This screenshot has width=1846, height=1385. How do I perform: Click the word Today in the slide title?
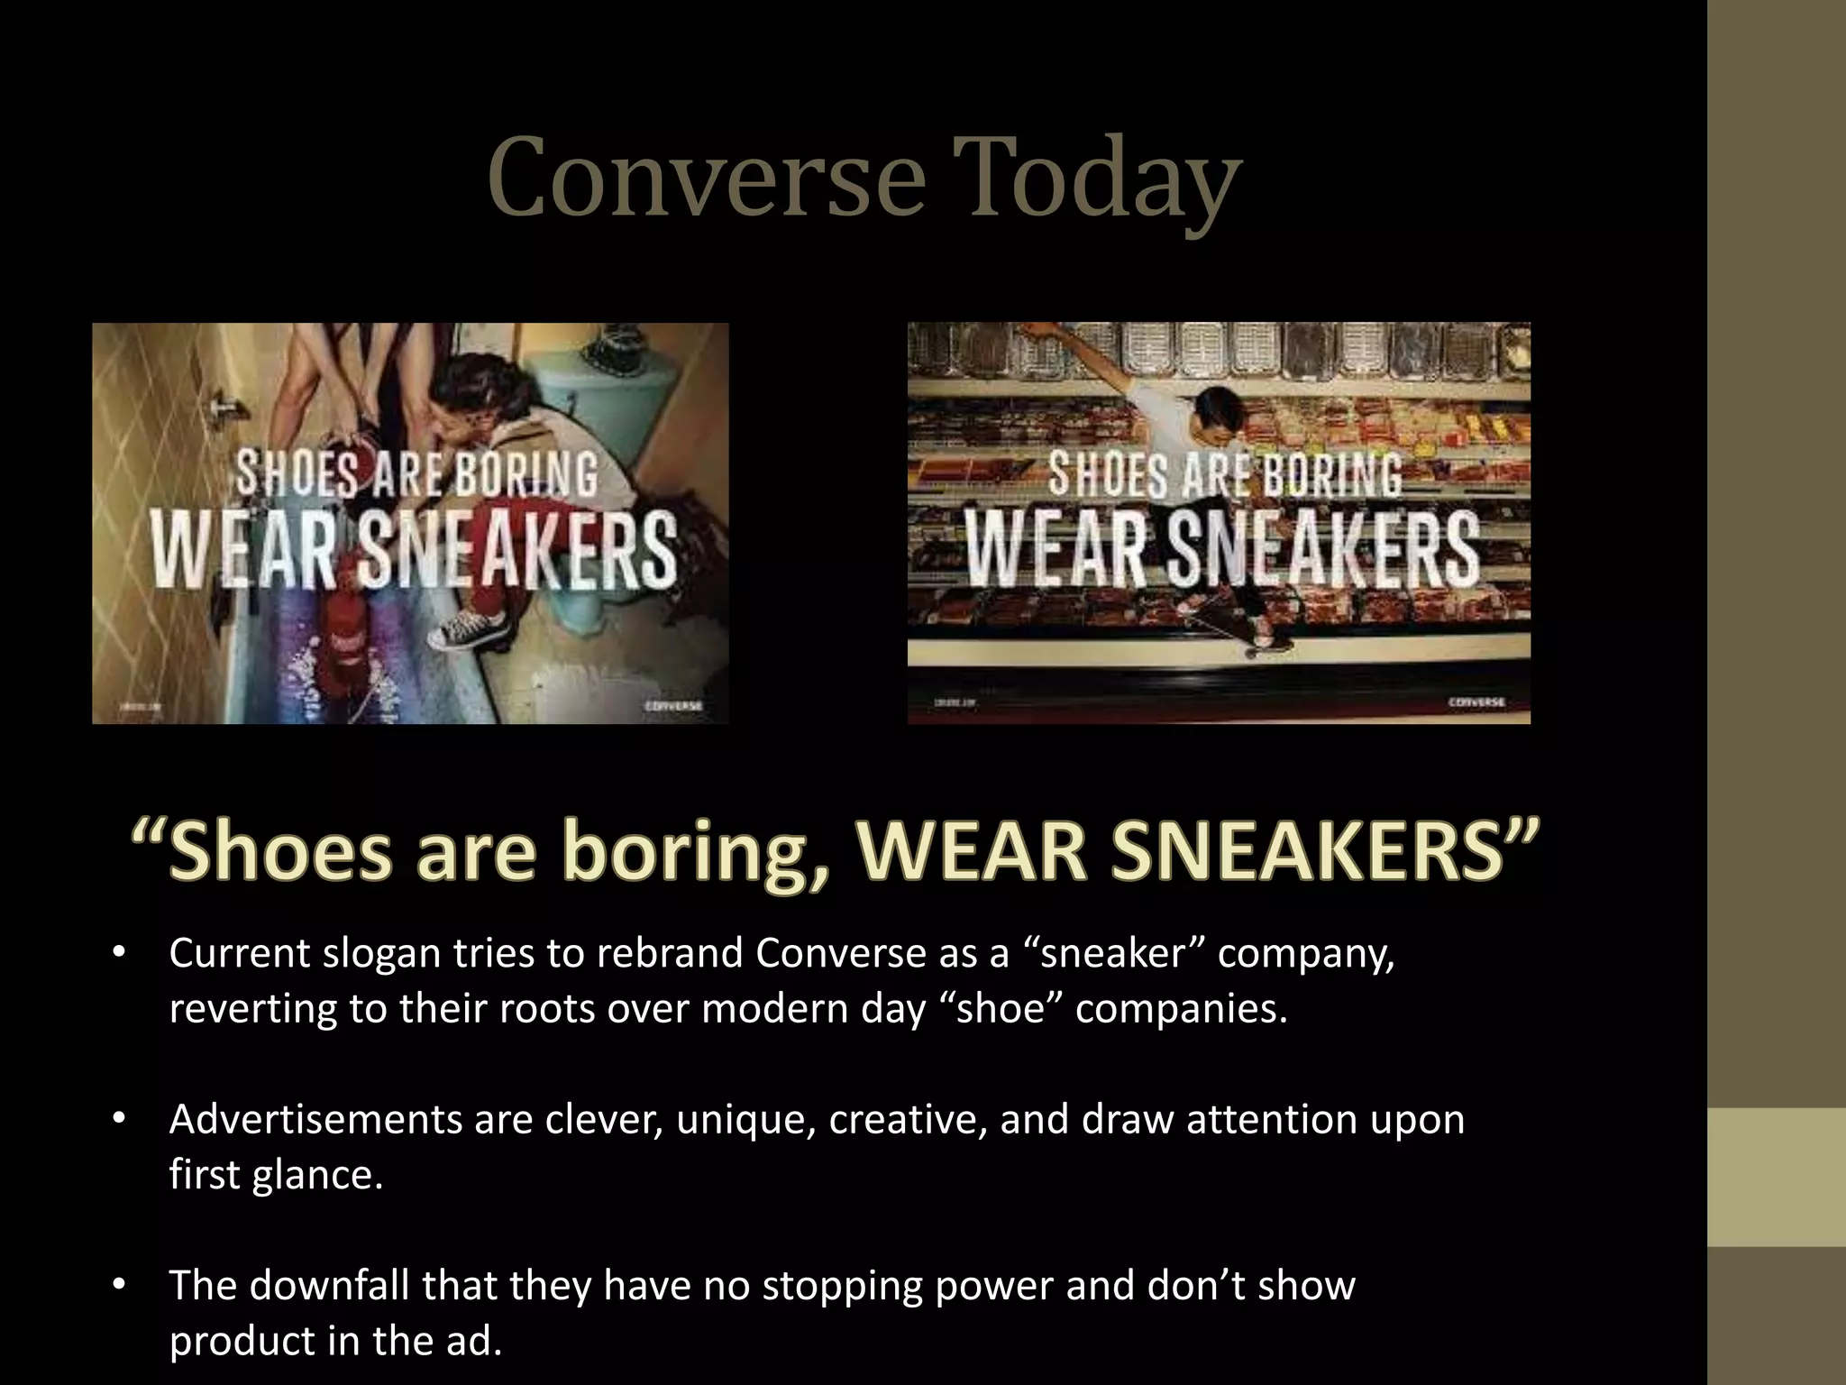(x=1097, y=179)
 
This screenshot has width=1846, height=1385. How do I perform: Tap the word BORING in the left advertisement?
(x=525, y=472)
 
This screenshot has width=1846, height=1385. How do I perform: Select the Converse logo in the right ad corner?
(x=1476, y=702)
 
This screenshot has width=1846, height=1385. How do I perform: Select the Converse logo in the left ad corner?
(x=673, y=705)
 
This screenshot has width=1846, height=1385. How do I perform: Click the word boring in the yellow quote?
(x=694, y=851)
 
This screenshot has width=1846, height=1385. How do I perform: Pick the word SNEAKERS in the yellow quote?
(x=1307, y=851)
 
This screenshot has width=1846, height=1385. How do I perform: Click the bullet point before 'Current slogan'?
(x=118, y=953)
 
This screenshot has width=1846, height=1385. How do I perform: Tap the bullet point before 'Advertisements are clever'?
(x=118, y=1119)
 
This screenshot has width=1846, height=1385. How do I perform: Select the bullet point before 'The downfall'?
(x=118, y=1286)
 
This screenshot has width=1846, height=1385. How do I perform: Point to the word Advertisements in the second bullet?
(x=315, y=1119)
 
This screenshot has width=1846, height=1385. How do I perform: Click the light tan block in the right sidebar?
(x=1777, y=1177)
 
